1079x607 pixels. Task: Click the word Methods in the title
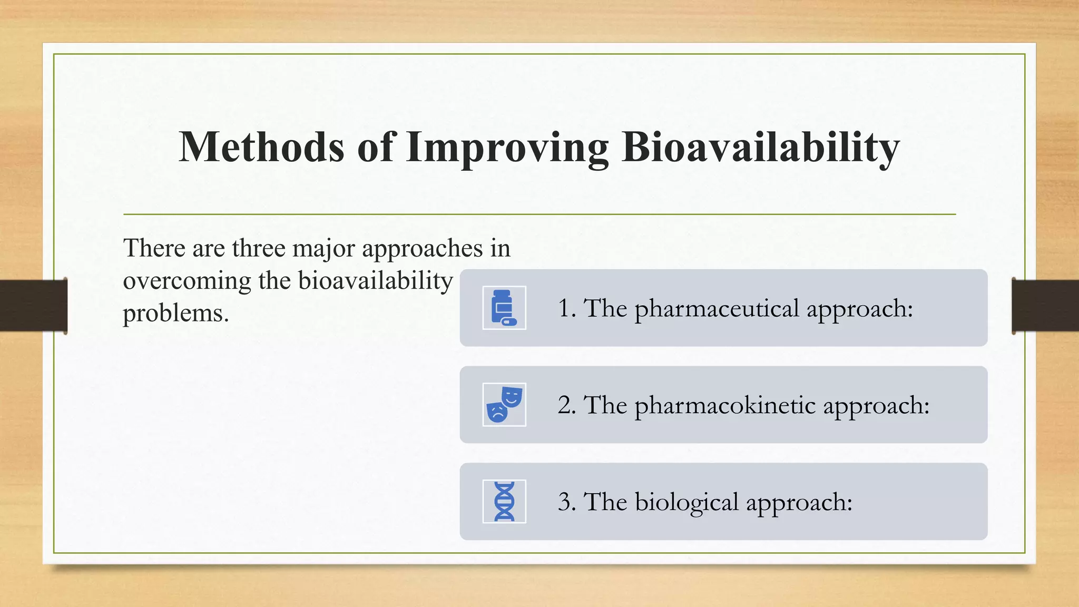coord(262,147)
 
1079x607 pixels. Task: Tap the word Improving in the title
coord(507,147)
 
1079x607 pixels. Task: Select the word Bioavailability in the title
coord(760,147)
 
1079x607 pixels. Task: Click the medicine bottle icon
coord(504,308)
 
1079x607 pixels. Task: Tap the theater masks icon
coord(504,404)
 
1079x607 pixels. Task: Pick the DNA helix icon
coord(504,501)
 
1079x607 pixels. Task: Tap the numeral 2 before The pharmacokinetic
coord(564,405)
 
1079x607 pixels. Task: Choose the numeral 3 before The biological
coord(564,502)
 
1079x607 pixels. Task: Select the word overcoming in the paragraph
coord(187,281)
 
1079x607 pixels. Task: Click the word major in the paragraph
coord(323,249)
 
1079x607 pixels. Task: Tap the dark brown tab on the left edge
coord(33,306)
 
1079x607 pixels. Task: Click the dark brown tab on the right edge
coord(1045,306)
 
